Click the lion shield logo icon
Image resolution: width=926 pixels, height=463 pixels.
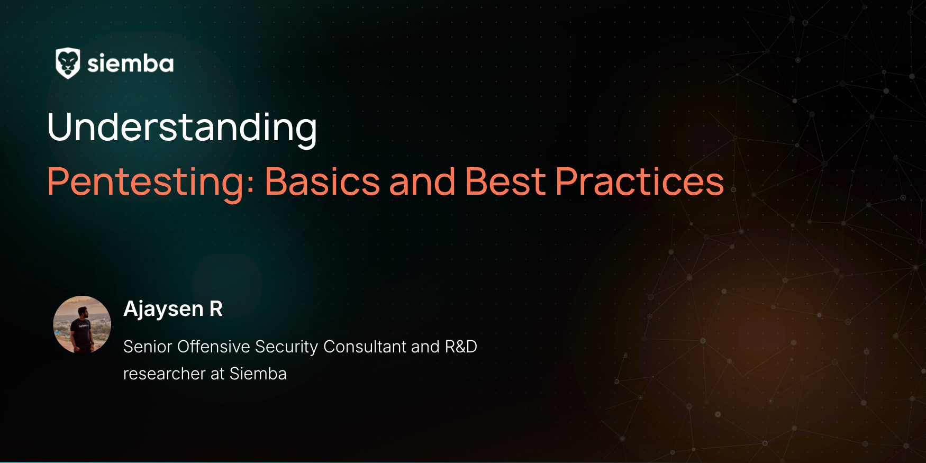pos(68,63)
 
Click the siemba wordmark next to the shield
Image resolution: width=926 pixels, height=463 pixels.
pos(130,63)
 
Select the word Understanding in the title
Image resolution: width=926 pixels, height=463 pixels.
pos(182,128)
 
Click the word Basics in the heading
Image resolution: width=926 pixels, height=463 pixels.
pos(322,181)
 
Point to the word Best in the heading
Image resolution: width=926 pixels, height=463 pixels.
pos(505,181)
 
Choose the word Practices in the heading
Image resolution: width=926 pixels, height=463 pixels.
pos(639,181)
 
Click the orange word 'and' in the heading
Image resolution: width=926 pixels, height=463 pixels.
pos(422,181)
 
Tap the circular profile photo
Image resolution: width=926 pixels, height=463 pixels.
pos(82,324)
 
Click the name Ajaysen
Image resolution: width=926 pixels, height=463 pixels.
pos(164,309)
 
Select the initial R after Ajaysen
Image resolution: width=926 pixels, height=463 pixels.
pos(216,308)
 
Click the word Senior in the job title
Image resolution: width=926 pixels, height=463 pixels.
pos(148,347)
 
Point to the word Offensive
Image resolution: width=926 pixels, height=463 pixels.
pos(214,347)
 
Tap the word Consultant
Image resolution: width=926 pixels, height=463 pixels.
pos(365,347)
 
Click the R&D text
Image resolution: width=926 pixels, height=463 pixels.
pos(461,347)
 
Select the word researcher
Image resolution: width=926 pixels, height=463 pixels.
pos(164,374)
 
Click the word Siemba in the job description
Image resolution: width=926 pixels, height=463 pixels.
pos(258,374)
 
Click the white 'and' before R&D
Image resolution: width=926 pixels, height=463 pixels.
pos(425,347)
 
